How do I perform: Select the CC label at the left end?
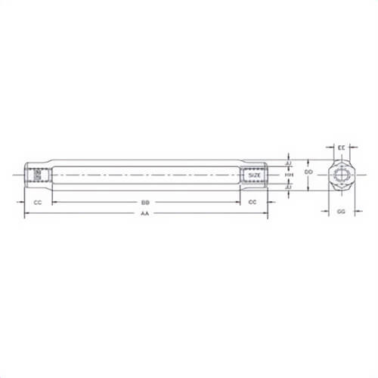tap(38, 202)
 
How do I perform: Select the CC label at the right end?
tap(253, 202)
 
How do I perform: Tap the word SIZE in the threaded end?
tap(255, 175)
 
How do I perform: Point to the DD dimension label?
tap(308, 173)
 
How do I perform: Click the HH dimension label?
tap(289, 175)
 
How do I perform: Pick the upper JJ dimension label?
tap(289, 163)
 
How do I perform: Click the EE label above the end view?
tap(342, 146)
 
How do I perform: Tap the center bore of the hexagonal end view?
tap(342, 175)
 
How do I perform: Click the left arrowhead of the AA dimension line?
tap(26, 214)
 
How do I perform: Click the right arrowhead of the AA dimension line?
tap(266, 214)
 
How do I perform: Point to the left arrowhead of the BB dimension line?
tap(54, 202)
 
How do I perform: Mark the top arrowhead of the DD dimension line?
tap(308, 161)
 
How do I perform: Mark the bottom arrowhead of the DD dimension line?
tap(308, 190)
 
